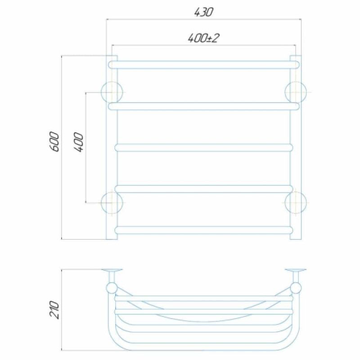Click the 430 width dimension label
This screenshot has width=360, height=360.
pyautogui.click(x=203, y=12)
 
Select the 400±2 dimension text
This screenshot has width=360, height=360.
pyautogui.click(x=203, y=38)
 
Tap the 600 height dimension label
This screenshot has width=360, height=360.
pyautogui.click(x=54, y=141)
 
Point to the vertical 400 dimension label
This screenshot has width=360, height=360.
pyautogui.click(x=78, y=142)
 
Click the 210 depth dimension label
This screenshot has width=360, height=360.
pyautogui.click(x=54, y=310)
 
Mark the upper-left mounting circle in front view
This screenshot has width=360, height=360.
pyautogui.click(x=112, y=92)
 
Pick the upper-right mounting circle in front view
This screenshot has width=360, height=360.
pyautogui.click(x=296, y=92)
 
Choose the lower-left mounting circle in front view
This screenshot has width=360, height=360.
pyautogui.click(x=112, y=203)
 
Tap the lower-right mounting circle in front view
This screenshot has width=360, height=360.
pyautogui.click(x=296, y=203)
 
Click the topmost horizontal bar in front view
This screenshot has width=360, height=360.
pyautogui.click(x=204, y=65)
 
